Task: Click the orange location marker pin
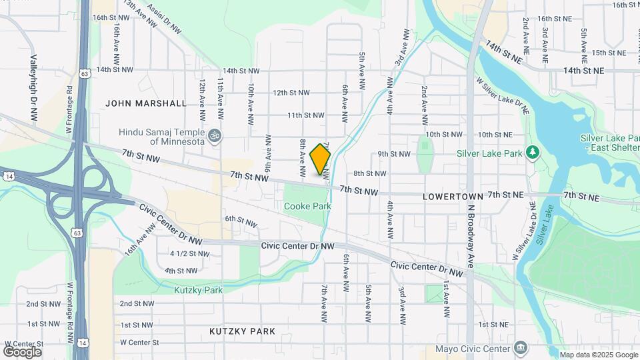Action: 320,159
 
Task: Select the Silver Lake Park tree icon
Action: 532,153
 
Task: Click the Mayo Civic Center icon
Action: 521,348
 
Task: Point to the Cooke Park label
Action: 307,207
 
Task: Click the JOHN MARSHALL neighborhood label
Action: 146,103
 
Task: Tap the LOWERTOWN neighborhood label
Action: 452,197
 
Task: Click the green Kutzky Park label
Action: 198,290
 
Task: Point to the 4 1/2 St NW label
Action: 189,254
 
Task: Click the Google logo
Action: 22,351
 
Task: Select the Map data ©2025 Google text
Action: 599,355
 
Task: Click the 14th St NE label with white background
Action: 583,70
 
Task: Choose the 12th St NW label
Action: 291,93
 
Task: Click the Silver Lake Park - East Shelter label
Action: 608,142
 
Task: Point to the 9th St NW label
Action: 393,154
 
